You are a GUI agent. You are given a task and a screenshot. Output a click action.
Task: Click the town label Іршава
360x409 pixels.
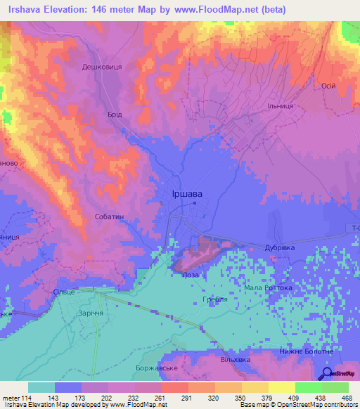click(188, 195)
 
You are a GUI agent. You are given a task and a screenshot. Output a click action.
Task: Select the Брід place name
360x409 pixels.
click(116, 115)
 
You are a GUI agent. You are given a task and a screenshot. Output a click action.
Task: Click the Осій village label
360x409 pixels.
click(327, 85)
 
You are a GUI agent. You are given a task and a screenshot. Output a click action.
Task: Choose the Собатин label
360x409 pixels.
click(109, 217)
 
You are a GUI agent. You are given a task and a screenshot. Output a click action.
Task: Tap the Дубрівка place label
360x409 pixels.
click(283, 247)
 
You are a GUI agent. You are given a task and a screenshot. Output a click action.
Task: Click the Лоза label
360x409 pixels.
click(191, 275)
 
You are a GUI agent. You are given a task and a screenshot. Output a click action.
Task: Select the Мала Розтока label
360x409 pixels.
click(268, 288)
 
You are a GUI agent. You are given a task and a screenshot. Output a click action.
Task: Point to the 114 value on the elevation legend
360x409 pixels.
click(26, 398)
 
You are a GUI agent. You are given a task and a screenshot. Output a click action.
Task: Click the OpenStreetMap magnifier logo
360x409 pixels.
click(327, 373)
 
